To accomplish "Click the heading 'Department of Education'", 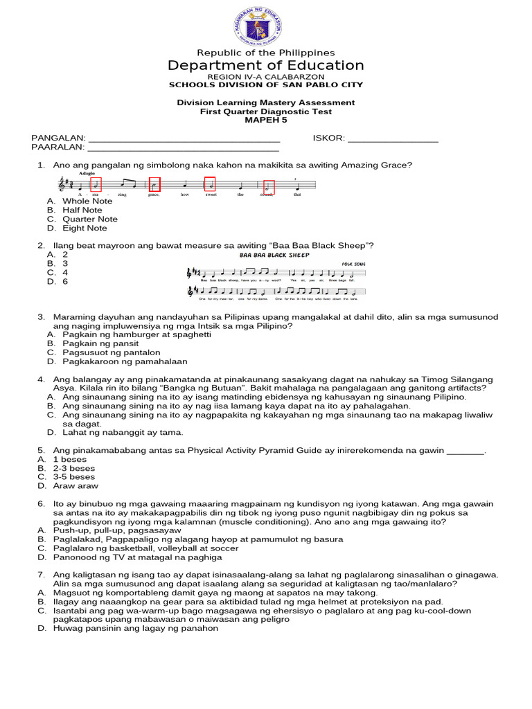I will [266, 66].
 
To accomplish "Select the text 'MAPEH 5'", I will [265, 120].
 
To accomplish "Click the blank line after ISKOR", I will [393, 138].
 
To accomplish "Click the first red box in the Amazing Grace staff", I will [96, 185].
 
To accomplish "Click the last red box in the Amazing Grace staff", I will [269, 187].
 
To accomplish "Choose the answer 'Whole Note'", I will [87, 201].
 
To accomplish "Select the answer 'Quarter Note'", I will [90, 219].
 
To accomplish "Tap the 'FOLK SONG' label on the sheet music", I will [353, 264].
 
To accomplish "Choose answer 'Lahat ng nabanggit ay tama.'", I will [123, 433].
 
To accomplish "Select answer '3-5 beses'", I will [74, 477].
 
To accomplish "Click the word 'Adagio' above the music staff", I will [87, 174].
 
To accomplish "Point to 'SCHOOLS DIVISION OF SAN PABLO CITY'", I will [266, 85].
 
